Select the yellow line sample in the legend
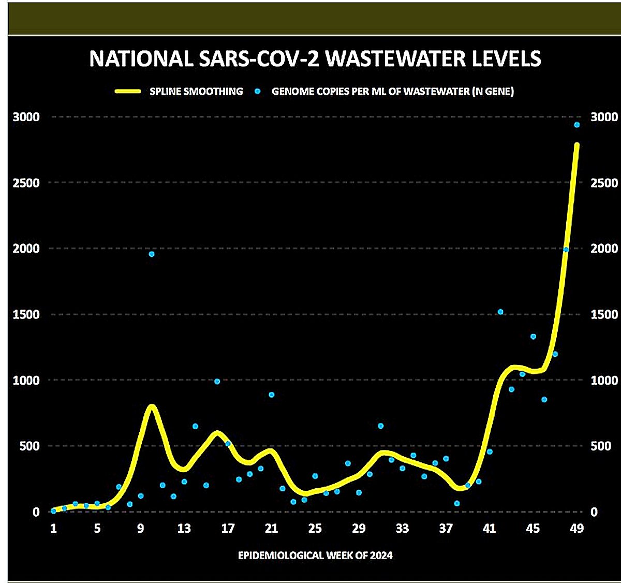(x=127, y=92)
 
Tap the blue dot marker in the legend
(x=257, y=92)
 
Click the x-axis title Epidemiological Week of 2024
(x=315, y=556)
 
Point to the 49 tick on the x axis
(x=576, y=529)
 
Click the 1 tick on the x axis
(x=53, y=529)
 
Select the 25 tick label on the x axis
(x=315, y=529)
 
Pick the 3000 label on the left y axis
(x=26, y=117)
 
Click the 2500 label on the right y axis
(x=604, y=183)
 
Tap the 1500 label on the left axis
(x=26, y=314)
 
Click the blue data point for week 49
(x=577, y=125)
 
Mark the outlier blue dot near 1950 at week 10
(x=152, y=254)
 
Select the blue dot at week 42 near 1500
(x=500, y=312)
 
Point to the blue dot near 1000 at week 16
(x=217, y=382)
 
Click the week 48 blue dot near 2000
(x=566, y=250)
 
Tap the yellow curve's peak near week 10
(x=151, y=407)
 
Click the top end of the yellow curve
(x=576, y=145)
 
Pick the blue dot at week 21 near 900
(x=272, y=395)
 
